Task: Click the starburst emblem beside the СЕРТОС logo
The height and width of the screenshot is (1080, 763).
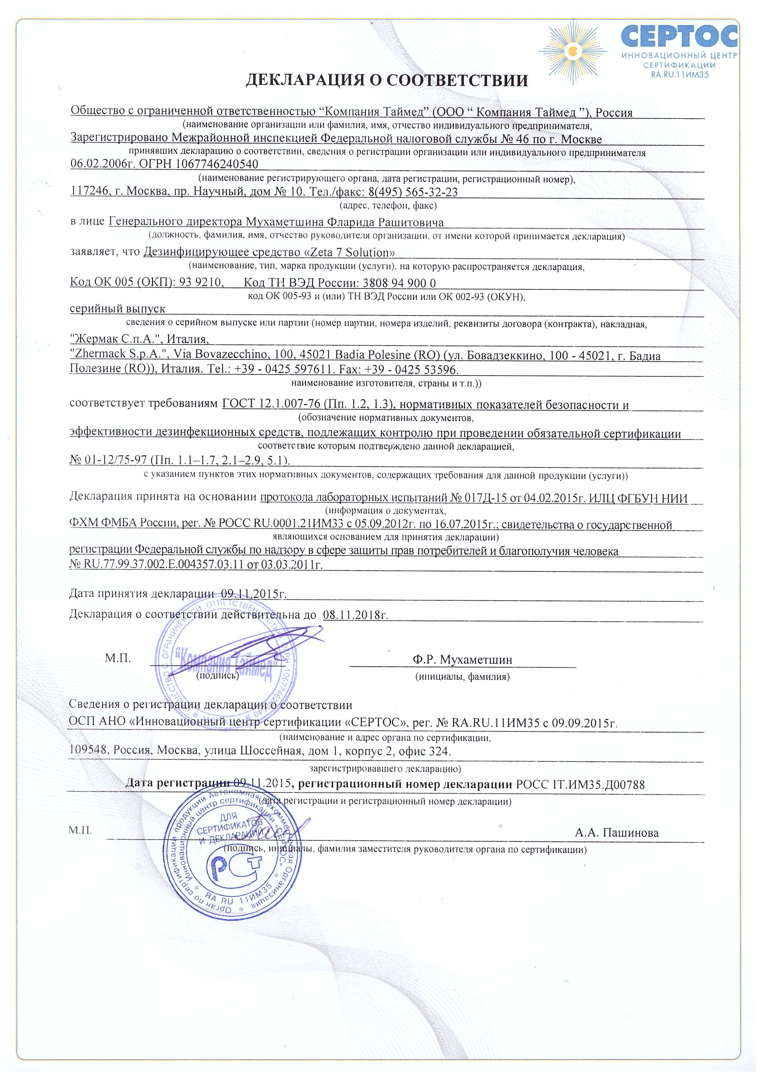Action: (573, 50)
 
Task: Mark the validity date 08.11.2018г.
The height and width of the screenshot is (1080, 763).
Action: (356, 615)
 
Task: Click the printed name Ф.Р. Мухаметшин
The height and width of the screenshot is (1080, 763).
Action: (463, 660)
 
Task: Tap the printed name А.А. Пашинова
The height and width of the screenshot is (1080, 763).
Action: (616, 832)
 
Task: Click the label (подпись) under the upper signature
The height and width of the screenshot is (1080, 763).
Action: (217, 676)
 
